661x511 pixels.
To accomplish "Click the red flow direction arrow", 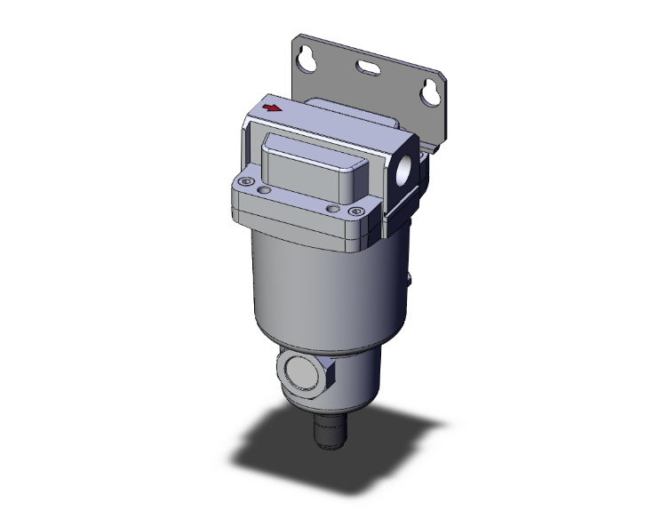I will point(273,108).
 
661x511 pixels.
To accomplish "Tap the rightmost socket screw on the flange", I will point(355,212).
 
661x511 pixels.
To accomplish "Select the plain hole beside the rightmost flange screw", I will point(332,208).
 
